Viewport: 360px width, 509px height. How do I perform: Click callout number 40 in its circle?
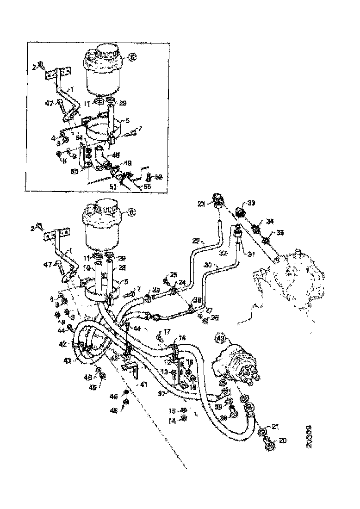(221, 339)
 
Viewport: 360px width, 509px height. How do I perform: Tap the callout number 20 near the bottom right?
(283, 441)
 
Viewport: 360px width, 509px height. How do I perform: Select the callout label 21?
(276, 426)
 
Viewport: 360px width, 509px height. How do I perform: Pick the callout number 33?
(251, 202)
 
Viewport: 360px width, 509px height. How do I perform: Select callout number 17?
(167, 331)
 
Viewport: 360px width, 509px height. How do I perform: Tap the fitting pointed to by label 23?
(219, 199)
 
